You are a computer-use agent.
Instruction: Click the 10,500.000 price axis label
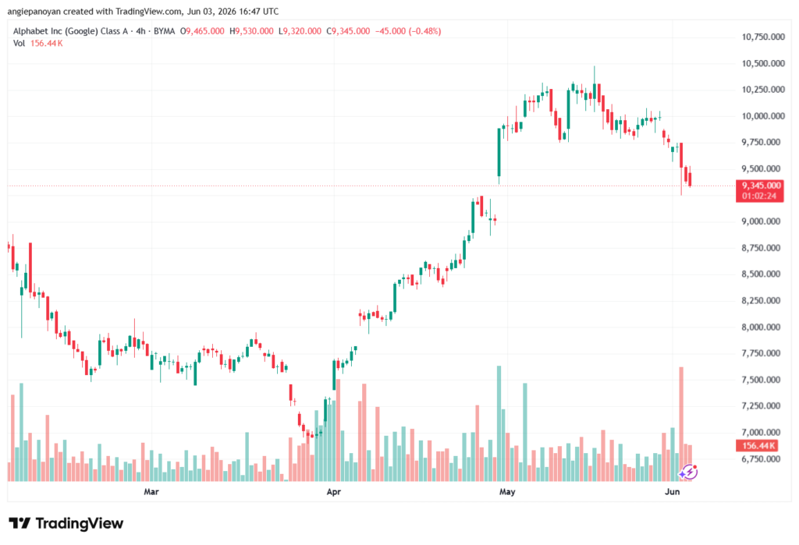763,63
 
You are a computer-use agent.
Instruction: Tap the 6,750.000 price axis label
761,459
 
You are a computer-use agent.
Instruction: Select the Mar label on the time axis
151,492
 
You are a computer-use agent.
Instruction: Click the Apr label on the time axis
334,492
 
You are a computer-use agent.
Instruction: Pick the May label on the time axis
507,492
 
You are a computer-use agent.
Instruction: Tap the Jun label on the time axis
672,492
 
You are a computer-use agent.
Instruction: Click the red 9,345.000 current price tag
759,190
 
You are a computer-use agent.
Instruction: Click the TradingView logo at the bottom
66,524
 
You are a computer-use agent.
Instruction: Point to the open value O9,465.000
202,31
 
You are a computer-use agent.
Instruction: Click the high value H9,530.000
251,31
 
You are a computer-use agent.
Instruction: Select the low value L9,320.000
300,31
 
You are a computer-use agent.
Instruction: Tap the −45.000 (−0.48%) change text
408,31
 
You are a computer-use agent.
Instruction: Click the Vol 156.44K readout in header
37,44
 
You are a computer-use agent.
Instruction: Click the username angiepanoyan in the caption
34,11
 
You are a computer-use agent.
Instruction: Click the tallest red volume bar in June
681,424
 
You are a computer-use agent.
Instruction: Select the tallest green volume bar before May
499,424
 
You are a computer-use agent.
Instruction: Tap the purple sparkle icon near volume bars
688,472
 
